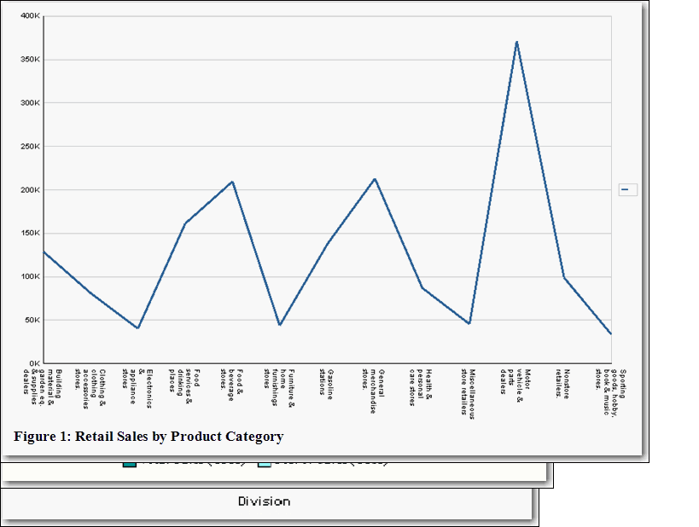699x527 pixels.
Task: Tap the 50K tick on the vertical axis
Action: [x=32, y=320]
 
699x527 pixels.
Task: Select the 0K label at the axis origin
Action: [x=34, y=363]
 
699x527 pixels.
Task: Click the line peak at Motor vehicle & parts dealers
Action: [x=516, y=41]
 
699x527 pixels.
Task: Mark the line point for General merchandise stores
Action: [x=375, y=179]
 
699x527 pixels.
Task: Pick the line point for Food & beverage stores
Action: [x=232, y=182]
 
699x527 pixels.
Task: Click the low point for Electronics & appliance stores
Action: [x=137, y=328]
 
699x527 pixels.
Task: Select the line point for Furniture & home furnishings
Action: [x=279, y=325]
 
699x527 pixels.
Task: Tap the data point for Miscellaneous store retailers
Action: [x=469, y=323]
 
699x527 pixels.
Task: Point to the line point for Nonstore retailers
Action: [x=563, y=277]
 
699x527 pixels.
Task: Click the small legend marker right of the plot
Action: [x=627, y=190]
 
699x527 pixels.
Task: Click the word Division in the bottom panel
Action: [x=264, y=501]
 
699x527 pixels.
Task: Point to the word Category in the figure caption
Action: [x=253, y=437]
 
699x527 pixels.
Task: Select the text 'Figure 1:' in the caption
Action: [x=42, y=437]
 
